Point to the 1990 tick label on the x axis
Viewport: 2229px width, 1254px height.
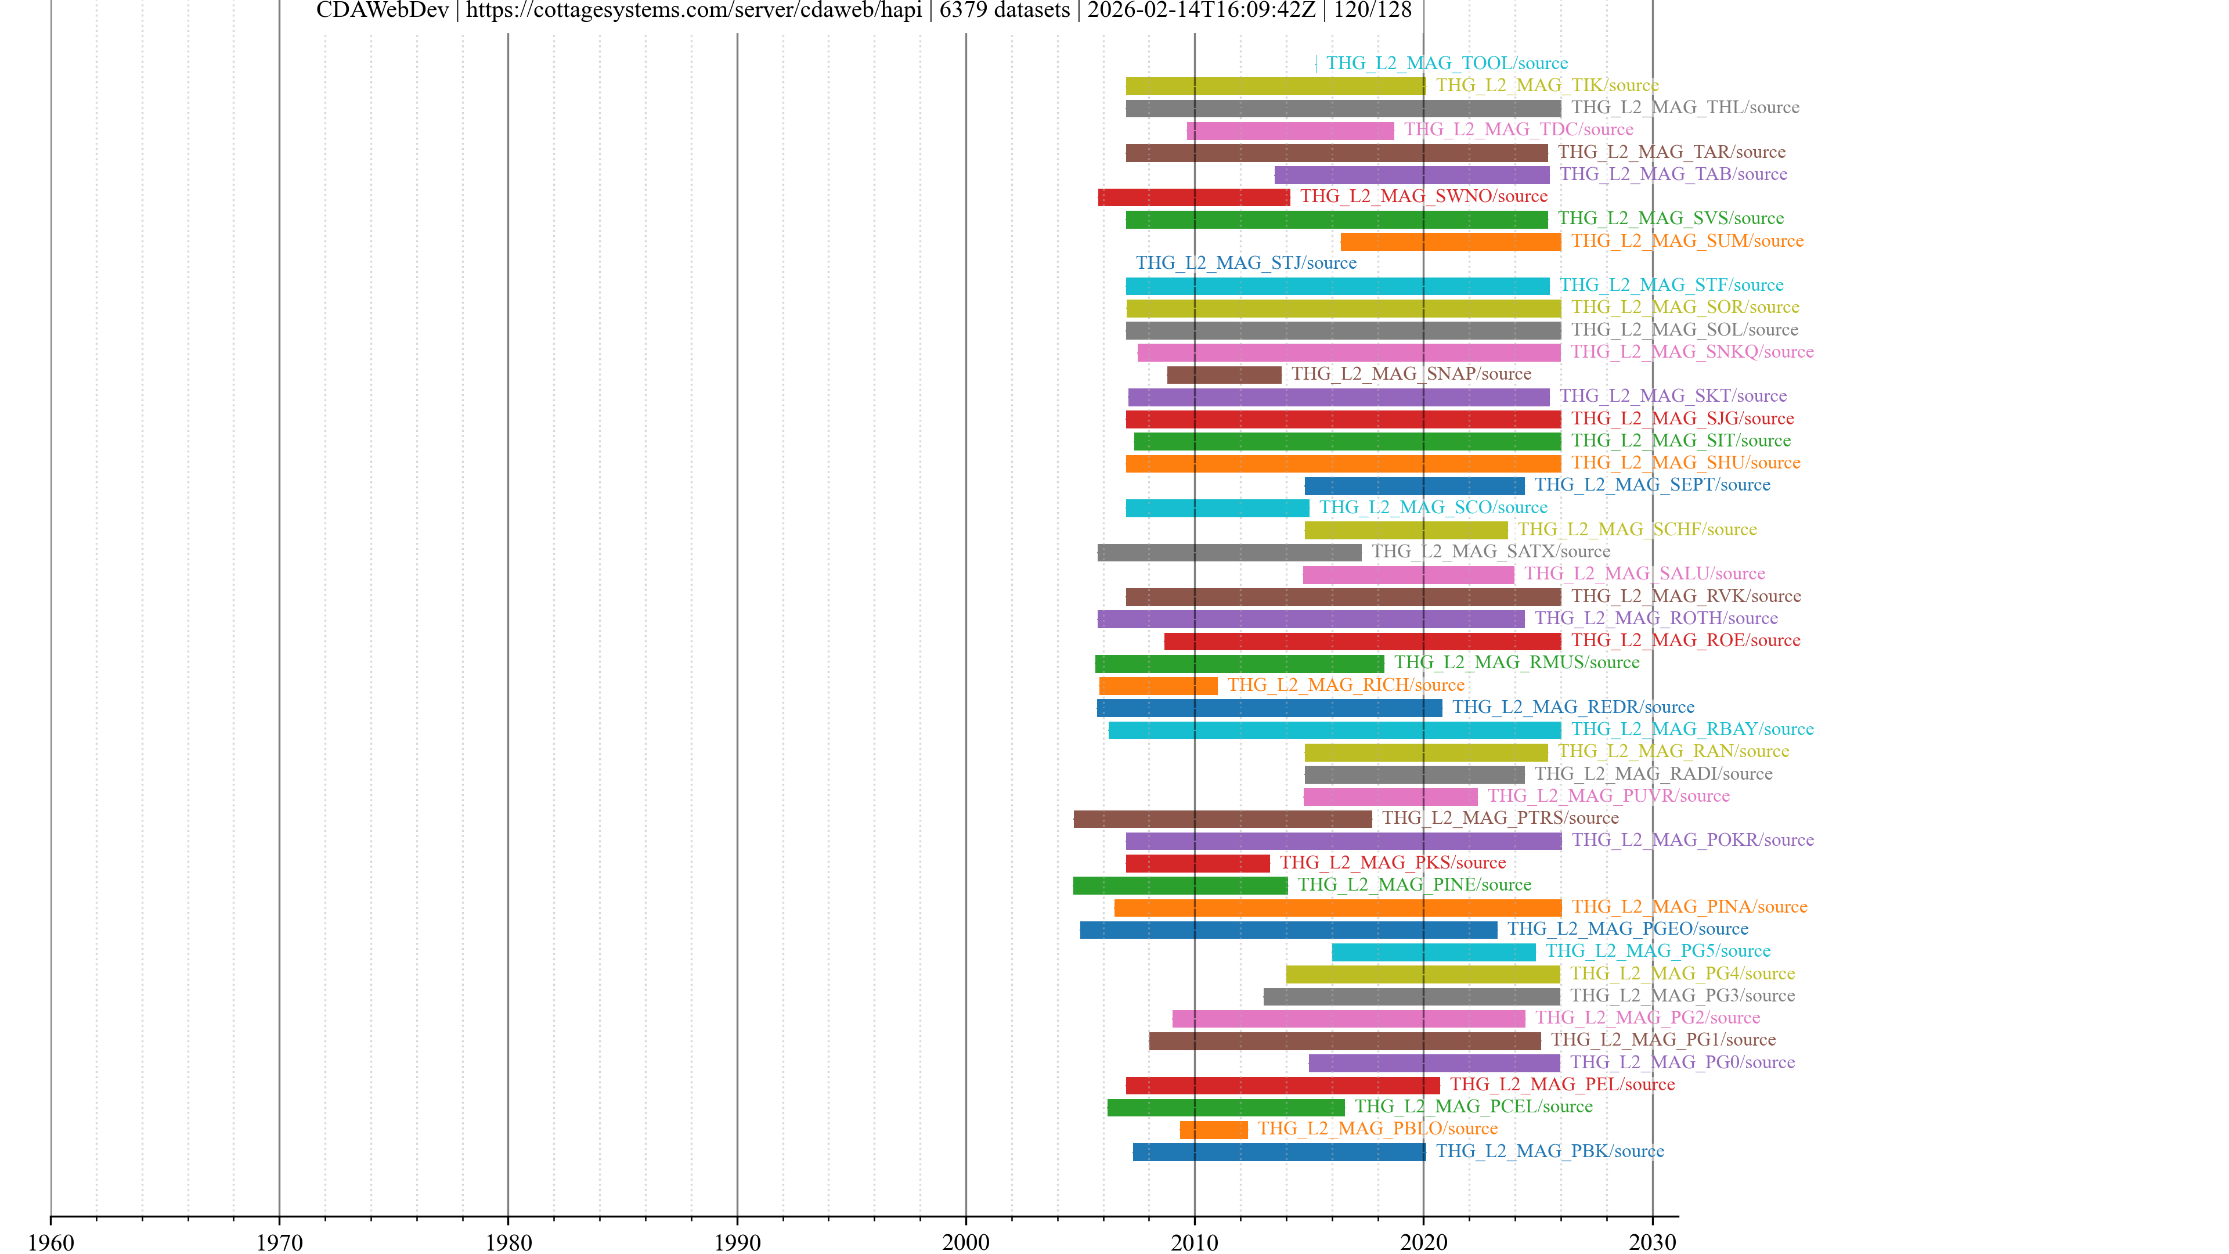(737, 1242)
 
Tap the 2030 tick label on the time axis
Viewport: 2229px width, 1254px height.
(1652, 1242)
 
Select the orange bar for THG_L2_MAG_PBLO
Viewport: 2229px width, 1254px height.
(1213, 1129)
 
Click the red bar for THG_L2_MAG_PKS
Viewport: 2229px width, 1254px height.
(1198, 863)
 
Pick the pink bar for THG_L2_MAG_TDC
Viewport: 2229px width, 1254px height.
(1290, 130)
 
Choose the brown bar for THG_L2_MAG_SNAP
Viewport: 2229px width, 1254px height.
(1224, 374)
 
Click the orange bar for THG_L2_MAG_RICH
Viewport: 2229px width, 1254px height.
(1158, 686)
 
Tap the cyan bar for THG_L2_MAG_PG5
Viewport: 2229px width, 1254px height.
(1433, 952)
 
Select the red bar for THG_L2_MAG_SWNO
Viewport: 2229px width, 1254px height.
(1193, 197)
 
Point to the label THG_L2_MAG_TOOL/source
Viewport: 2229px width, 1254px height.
(1447, 63)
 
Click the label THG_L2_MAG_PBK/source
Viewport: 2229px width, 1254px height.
(1550, 1151)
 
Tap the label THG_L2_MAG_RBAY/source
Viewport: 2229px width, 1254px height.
(1691, 730)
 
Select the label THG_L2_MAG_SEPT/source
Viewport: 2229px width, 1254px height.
(1652, 485)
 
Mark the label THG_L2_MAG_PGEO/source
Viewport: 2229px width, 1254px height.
(1626, 929)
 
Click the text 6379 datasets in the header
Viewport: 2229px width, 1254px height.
(1004, 10)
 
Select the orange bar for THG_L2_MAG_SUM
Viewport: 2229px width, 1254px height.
(1450, 242)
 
